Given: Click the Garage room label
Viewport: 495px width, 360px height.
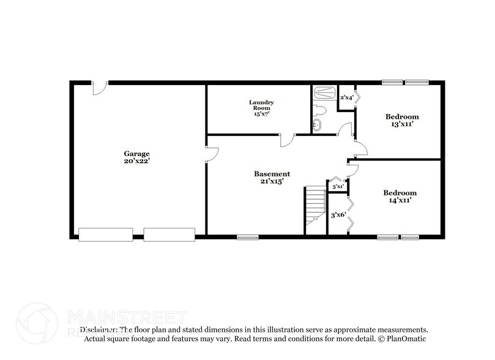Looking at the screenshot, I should pyautogui.click(x=136, y=154).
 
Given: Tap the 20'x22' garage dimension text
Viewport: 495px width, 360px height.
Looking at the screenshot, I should pyautogui.click(x=136, y=161).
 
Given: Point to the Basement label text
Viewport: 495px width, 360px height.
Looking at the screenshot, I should pyautogui.click(x=272, y=174).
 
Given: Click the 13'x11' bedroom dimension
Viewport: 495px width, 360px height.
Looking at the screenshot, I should pyautogui.click(x=401, y=124).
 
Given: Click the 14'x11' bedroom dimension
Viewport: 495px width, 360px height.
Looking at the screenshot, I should pyautogui.click(x=400, y=200).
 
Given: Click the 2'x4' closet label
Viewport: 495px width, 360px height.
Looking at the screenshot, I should pyautogui.click(x=346, y=97).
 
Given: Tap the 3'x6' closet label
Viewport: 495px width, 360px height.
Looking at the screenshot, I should pyautogui.click(x=337, y=215).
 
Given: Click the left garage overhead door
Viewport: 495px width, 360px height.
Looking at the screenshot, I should pyautogui.click(x=106, y=234).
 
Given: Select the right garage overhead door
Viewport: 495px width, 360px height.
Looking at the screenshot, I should pyautogui.click(x=169, y=234).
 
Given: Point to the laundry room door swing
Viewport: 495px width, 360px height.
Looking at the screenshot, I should pyautogui.click(x=286, y=140).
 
